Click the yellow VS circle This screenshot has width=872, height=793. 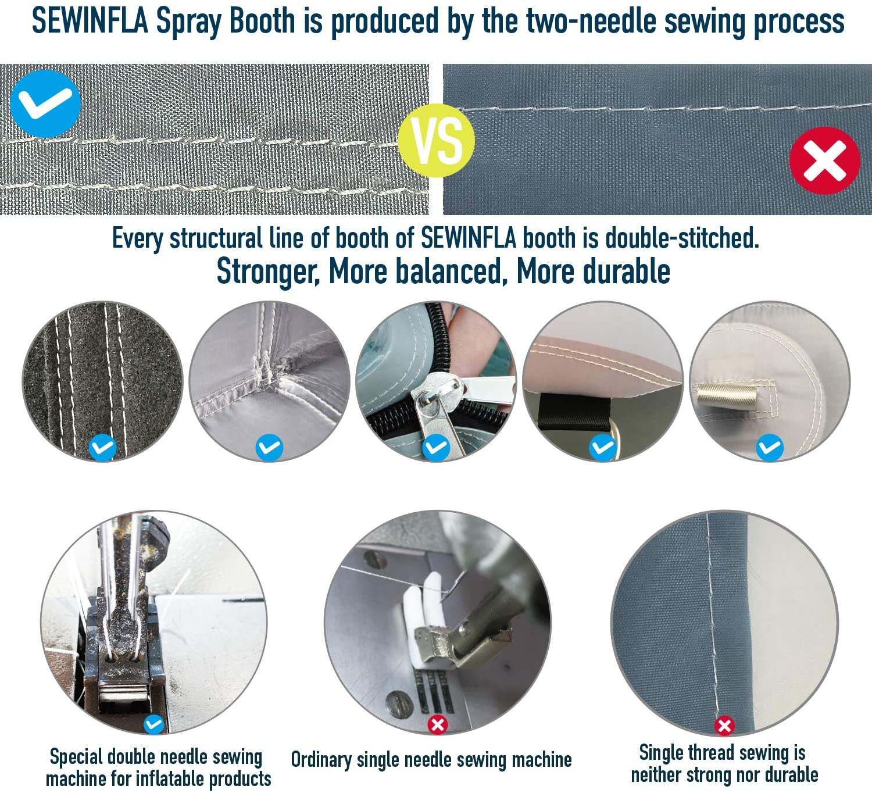[436, 141]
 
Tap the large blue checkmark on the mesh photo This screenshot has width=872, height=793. [45, 104]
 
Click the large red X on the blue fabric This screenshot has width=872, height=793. [824, 161]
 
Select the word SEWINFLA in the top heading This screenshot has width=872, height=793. [91, 21]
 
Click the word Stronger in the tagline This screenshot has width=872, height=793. [268, 272]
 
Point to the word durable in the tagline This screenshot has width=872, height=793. [626, 272]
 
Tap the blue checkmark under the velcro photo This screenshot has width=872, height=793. [102, 447]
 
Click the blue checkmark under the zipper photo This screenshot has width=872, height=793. [436, 447]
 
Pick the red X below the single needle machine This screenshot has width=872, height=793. [438, 725]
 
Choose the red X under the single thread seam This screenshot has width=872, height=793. [724, 726]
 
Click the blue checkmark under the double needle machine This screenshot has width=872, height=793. [153, 724]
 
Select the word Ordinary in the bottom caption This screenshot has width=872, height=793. [321, 759]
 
